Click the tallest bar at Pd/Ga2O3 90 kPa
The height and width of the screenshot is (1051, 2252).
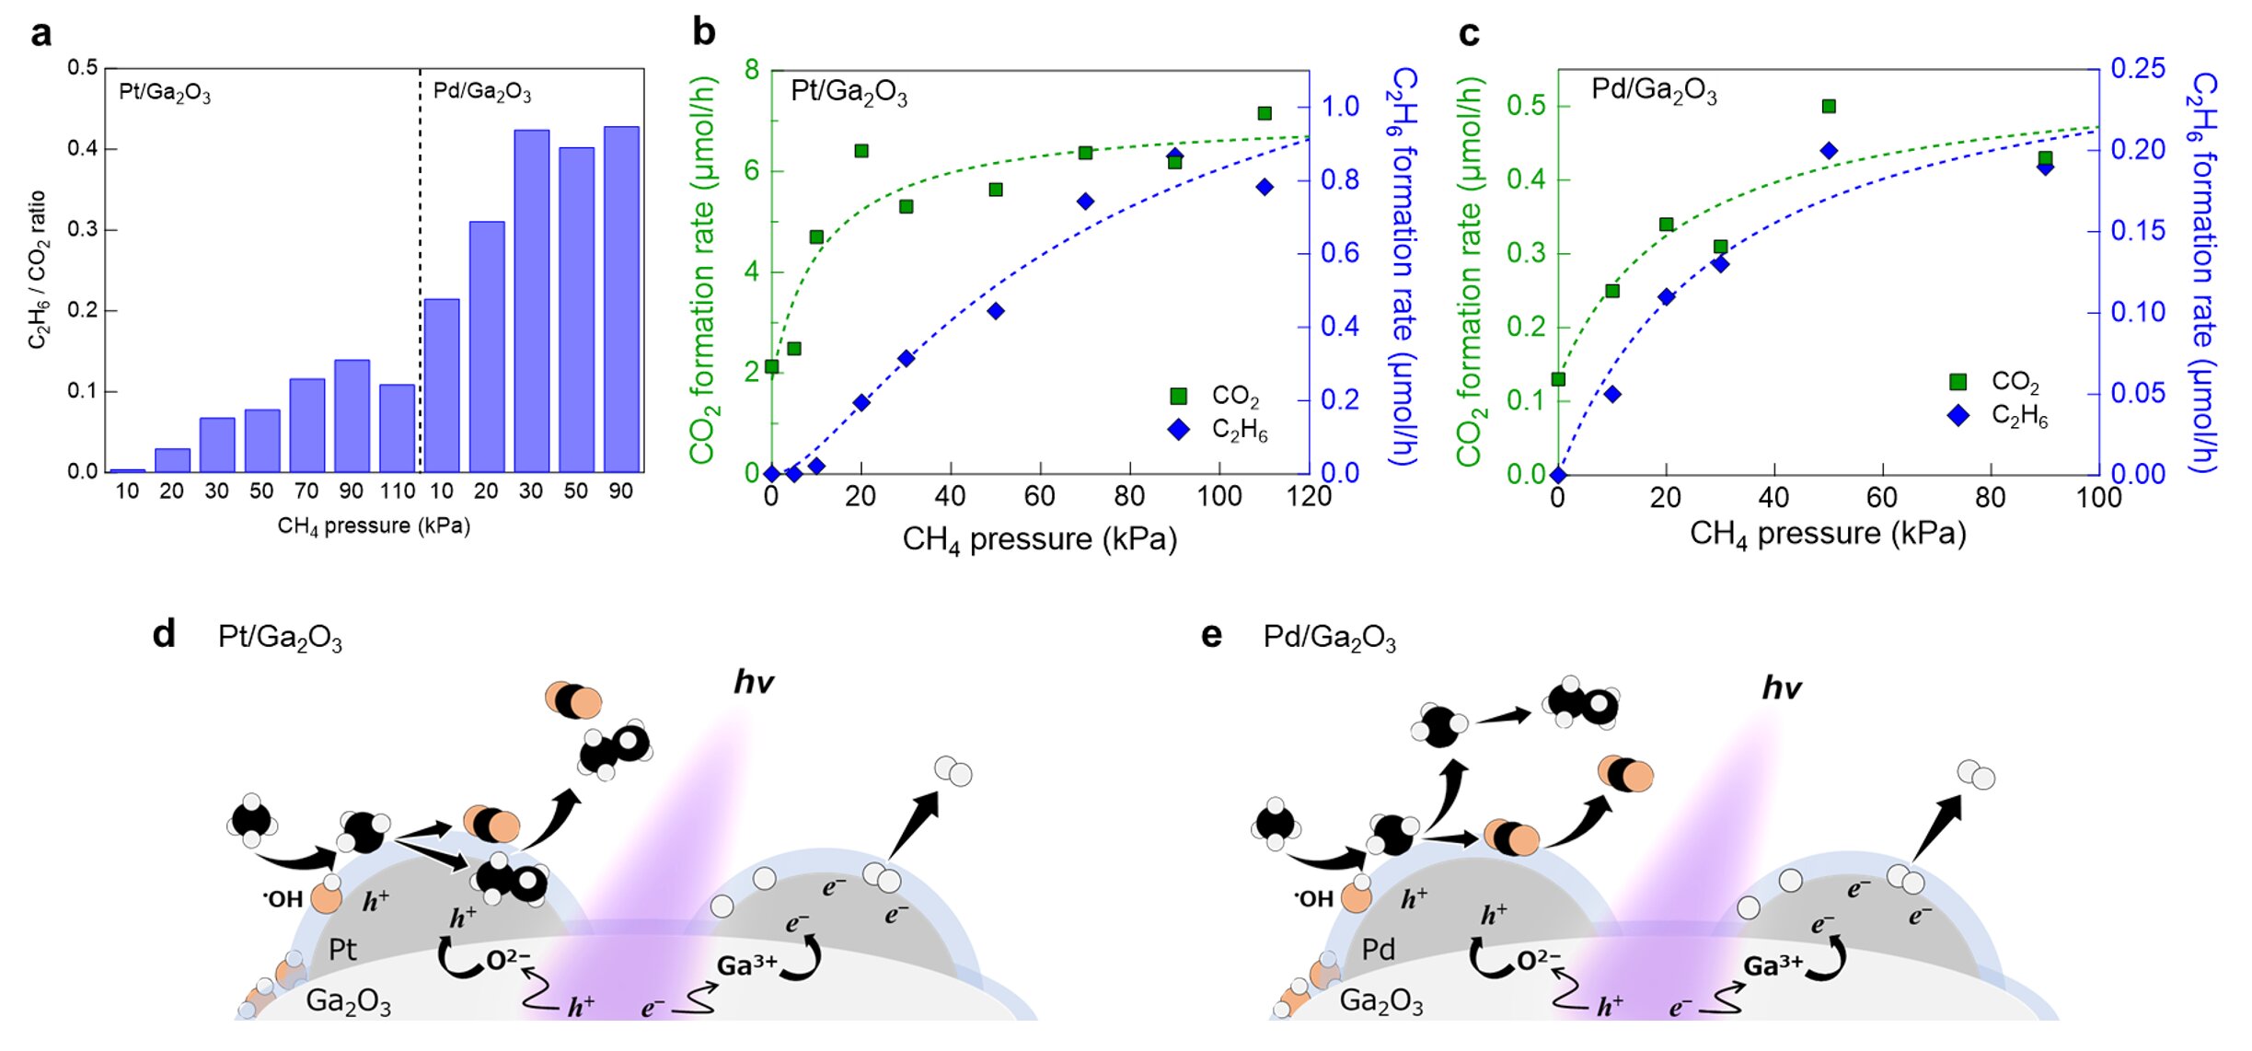(x=621, y=299)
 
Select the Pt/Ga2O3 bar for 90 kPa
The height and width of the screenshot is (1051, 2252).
(x=352, y=416)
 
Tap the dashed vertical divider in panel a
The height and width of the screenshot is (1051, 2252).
(x=421, y=276)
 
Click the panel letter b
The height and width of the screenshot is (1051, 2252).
(x=704, y=33)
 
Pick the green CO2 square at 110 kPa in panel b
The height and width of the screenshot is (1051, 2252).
(x=1265, y=113)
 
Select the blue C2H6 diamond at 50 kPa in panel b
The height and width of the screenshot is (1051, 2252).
(x=995, y=311)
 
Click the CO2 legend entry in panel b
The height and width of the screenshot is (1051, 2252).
(x=1215, y=396)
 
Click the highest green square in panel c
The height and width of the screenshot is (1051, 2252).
(x=1829, y=107)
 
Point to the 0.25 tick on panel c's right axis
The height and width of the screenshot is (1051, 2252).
(x=2137, y=69)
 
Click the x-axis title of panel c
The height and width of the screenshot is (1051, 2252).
(x=1827, y=534)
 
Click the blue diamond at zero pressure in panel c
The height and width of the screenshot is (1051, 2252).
(x=1558, y=475)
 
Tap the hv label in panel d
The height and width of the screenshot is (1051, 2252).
(x=754, y=682)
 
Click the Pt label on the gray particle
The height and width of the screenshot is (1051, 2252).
(x=342, y=949)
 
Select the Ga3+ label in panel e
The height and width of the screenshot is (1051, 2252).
(x=1773, y=966)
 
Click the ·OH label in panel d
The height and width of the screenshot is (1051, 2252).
(x=283, y=899)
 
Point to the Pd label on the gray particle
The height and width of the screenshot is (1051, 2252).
(x=1378, y=949)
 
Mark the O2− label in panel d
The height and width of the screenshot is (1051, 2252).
(x=508, y=960)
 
